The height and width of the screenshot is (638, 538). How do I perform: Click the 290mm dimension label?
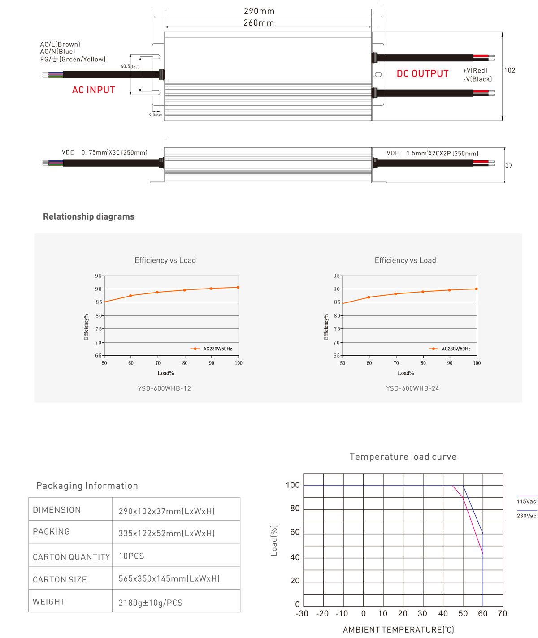259,11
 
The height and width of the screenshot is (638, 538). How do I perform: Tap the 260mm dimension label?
259,23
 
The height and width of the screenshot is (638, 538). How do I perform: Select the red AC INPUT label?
94,90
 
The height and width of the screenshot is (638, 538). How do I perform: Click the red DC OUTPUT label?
422,74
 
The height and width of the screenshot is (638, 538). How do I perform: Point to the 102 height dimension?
510,70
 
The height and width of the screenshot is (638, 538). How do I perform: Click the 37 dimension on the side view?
509,165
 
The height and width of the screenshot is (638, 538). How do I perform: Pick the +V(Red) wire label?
475,70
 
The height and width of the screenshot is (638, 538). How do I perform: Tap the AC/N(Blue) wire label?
57,52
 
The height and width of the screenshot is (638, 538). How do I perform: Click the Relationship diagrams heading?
89,216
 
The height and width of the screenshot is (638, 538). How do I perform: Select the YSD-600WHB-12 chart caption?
165,388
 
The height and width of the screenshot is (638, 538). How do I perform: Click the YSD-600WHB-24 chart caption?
412,388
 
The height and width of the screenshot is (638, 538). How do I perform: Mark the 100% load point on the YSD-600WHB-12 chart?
238,287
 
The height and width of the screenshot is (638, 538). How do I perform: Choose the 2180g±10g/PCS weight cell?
151,603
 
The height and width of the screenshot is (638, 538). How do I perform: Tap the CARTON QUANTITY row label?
71,557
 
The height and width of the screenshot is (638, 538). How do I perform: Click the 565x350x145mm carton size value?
169,579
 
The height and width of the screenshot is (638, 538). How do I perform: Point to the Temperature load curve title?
403,457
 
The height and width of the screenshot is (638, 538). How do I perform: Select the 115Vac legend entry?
526,501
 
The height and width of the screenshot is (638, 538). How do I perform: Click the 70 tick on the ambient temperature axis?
502,614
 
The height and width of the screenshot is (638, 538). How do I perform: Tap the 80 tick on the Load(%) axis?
295,509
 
